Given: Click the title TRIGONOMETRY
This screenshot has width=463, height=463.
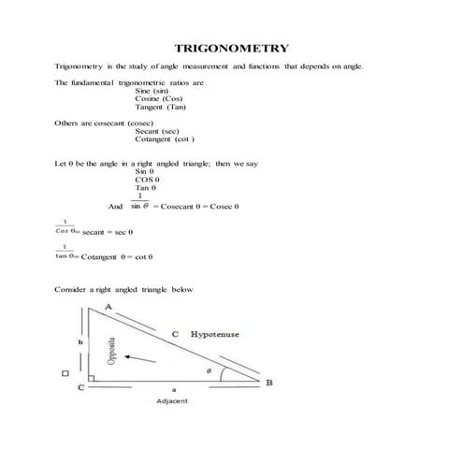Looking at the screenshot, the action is (x=232, y=48).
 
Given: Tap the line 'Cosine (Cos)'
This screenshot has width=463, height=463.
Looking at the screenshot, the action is (x=159, y=98).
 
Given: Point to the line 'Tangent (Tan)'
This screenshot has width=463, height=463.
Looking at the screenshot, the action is (x=161, y=107).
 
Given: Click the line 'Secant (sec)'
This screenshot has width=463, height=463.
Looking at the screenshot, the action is (x=157, y=131).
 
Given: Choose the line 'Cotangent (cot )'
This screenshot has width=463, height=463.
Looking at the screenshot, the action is (x=165, y=139).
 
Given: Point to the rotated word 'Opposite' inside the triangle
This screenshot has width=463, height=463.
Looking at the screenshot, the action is (x=111, y=348).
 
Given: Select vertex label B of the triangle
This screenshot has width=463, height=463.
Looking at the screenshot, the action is (x=269, y=382).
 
